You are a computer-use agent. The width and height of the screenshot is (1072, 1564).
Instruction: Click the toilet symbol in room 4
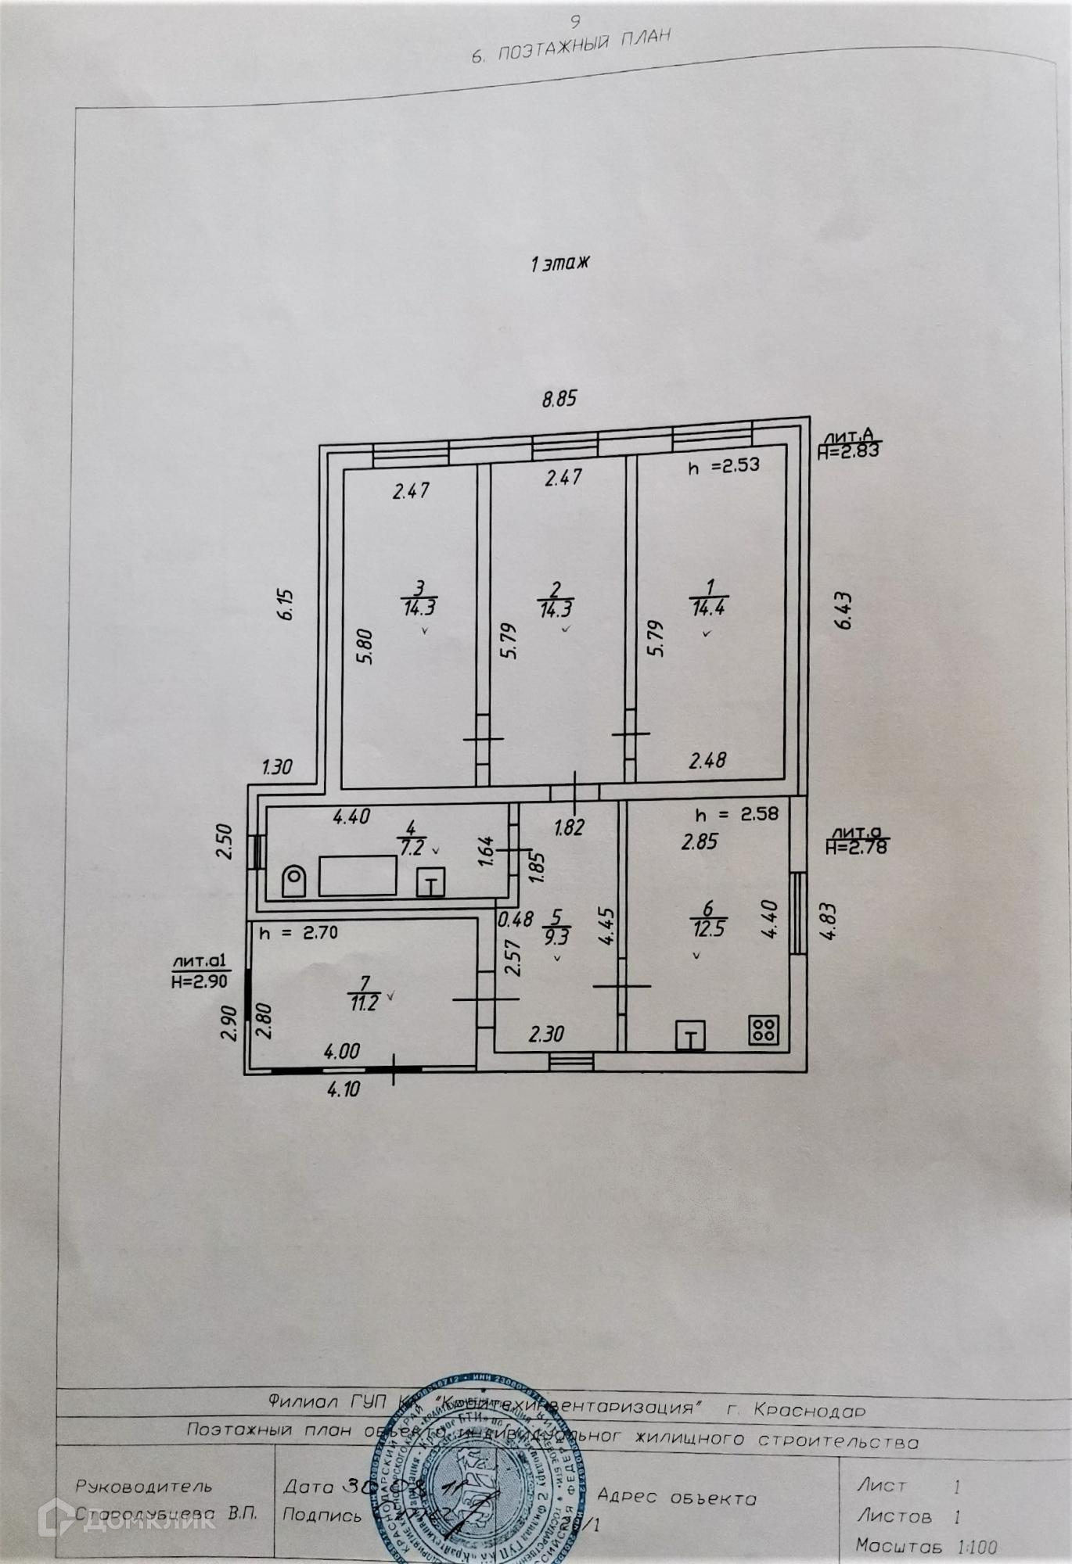(293, 880)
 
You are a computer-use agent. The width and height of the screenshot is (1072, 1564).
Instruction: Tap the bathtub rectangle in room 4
(357, 875)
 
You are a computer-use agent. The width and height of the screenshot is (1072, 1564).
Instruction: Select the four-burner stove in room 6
(763, 1030)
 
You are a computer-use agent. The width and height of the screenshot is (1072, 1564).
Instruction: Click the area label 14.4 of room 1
(707, 607)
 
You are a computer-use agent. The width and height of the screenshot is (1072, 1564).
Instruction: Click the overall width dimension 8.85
(559, 398)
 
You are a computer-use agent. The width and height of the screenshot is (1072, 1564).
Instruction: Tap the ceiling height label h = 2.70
(299, 933)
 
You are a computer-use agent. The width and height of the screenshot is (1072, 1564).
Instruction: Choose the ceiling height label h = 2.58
(737, 814)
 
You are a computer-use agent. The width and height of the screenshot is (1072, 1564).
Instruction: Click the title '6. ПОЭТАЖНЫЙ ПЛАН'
(571, 46)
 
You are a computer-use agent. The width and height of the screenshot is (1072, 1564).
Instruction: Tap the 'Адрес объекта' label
(677, 1498)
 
